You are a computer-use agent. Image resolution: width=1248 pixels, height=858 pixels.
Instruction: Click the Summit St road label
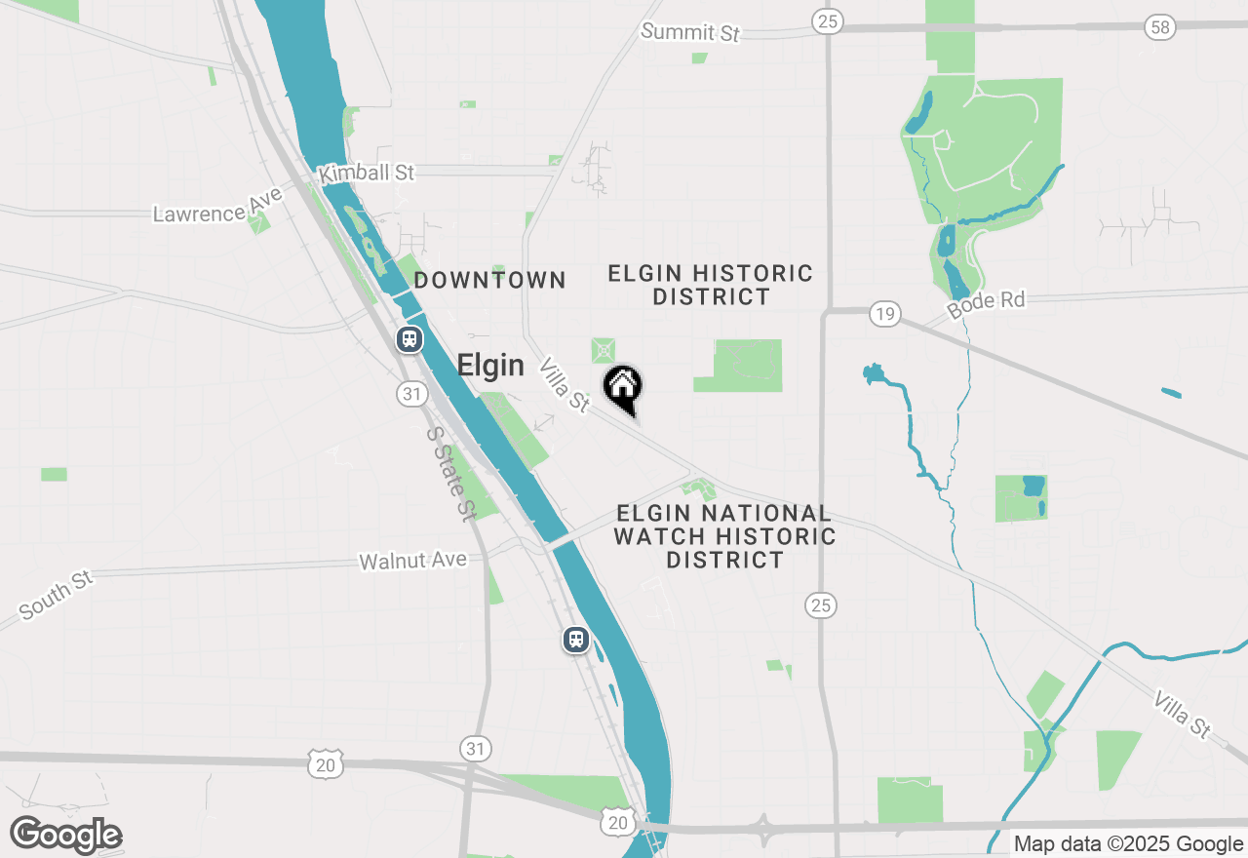690,32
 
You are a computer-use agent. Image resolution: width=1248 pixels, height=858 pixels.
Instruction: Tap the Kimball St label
367,173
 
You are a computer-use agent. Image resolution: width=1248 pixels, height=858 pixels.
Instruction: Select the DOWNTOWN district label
489,281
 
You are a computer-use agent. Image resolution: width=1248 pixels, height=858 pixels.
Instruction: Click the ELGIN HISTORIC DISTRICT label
711,285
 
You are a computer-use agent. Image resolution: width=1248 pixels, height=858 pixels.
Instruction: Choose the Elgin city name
490,366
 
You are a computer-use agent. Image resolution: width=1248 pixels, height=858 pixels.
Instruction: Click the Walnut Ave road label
412,561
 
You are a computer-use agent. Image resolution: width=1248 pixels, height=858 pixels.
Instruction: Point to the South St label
56,595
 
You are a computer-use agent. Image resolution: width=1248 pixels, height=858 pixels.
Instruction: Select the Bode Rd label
986,301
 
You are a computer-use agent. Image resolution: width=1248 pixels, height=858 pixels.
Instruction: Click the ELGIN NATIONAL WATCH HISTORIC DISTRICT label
724,536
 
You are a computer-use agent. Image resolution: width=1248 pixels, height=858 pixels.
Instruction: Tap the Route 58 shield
1159,27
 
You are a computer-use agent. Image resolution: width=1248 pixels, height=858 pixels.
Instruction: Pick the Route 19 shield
884,314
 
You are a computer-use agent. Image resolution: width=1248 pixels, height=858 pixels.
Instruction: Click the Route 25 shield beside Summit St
827,21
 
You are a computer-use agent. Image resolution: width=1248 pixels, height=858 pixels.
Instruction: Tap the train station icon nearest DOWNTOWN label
409,339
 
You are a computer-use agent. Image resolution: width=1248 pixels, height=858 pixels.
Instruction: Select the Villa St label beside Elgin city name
565,385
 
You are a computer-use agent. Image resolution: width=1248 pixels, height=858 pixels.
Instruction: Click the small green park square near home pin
604,350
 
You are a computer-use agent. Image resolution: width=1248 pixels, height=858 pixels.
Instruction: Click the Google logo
65,835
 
